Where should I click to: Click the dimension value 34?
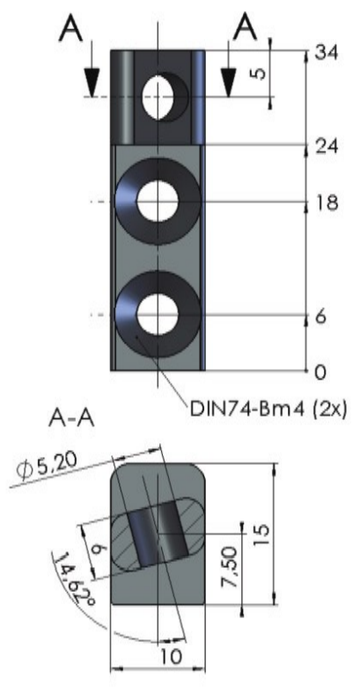click(x=326, y=53)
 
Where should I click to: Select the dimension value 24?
click(x=326, y=146)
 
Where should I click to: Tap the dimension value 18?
click(x=326, y=203)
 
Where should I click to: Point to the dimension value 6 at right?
click(x=321, y=316)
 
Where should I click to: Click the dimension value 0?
click(x=321, y=372)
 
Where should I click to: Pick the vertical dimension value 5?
click(x=261, y=72)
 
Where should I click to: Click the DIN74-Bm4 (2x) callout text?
click(x=268, y=409)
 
